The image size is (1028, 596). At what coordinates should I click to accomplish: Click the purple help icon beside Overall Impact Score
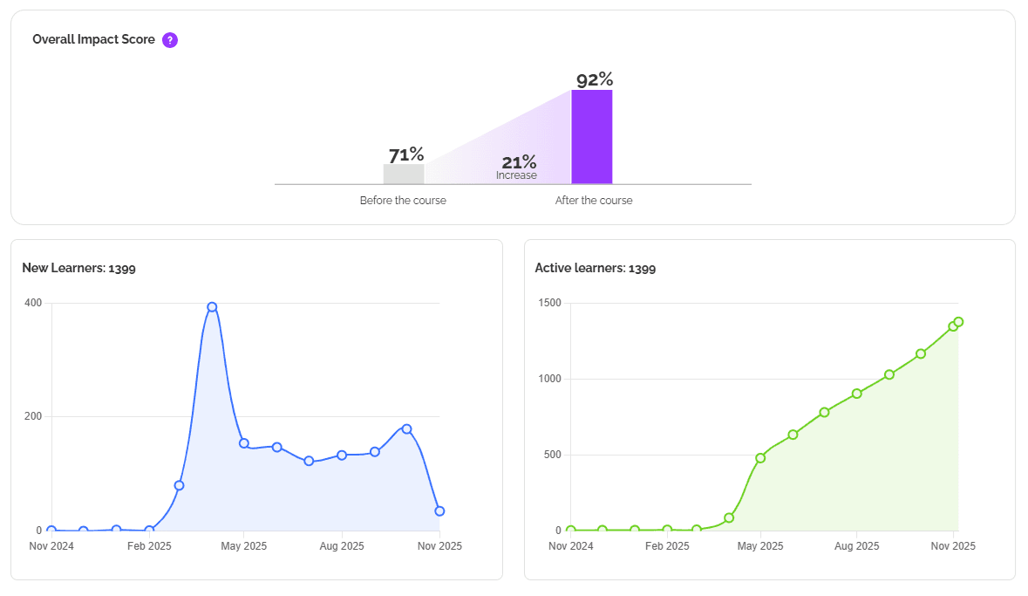tap(170, 39)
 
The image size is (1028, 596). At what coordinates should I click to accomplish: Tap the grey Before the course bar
tap(404, 174)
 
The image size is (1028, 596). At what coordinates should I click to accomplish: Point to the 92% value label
tap(595, 79)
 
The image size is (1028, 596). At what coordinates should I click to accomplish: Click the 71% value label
tap(406, 154)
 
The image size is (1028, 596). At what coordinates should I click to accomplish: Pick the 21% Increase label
tap(518, 167)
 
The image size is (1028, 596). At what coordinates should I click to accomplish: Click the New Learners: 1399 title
tap(78, 268)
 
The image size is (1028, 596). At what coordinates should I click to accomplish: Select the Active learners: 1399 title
tap(595, 268)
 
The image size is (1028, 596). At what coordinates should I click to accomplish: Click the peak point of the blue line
tap(212, 307)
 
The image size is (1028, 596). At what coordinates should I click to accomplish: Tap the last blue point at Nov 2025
tap(439, 511)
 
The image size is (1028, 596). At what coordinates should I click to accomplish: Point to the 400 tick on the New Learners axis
tap(33, 303)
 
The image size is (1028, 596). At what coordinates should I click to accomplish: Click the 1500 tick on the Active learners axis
tap(549, 303)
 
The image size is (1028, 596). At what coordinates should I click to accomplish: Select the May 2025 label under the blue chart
tap(245, 546)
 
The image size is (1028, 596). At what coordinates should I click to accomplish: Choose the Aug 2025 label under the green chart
tap(856, 546)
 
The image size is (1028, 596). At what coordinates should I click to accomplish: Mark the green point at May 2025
tap(760, 457)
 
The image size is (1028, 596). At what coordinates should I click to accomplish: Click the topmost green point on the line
tap(958, 322)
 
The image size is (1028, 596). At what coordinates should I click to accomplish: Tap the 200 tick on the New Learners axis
tap(33, 416)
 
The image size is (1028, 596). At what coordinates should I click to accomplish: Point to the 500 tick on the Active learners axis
tap(552, 455)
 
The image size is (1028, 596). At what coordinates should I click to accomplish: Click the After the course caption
tap(594, 201)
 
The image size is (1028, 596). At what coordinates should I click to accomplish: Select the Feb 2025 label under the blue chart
tap(148, 546)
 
